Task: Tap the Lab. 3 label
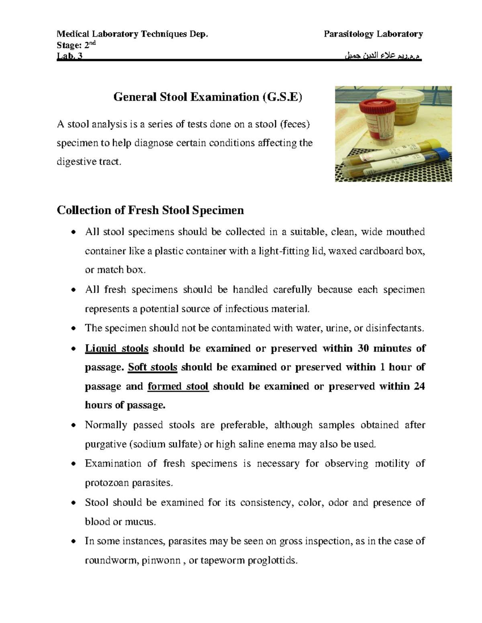point(69,57)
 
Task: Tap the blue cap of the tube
point(442,154)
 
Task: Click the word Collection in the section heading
point(84,210)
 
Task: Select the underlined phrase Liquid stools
point(116,348)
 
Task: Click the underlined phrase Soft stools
point(152,367)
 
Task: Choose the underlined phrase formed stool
point(178,386)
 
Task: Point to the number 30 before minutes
point(363,348)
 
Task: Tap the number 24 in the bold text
point(419,386)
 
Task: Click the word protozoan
point(106,483)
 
